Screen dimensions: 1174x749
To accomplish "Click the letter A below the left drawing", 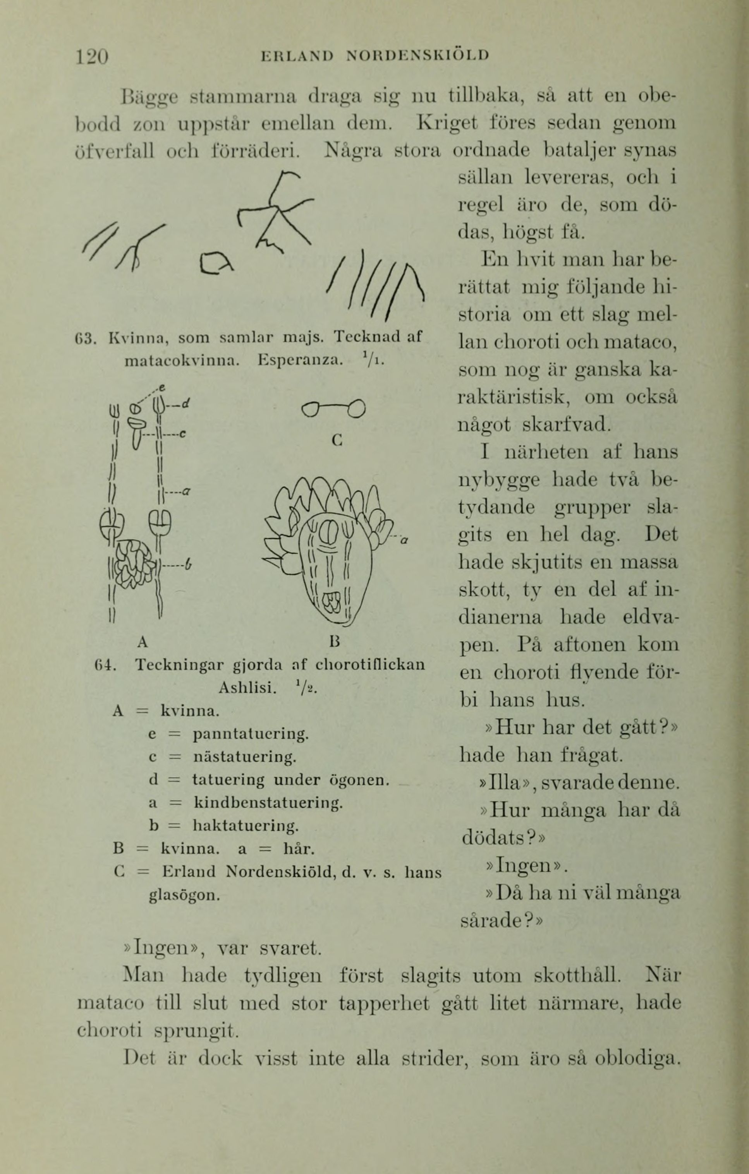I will point(142,643).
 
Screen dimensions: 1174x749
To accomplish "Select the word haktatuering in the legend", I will point(246,825).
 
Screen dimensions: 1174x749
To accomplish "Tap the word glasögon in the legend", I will point(184,895).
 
